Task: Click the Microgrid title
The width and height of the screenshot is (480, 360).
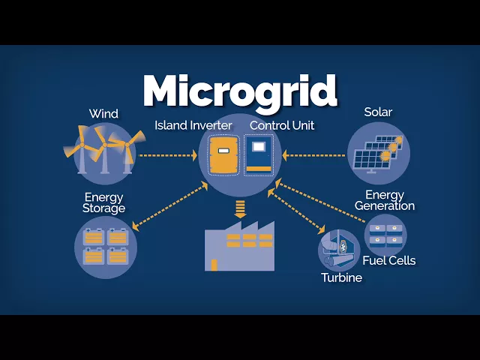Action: pos(240,90)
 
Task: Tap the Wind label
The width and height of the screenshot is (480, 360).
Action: pos(103,114)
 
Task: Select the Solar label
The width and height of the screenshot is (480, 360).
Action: pos(378,112)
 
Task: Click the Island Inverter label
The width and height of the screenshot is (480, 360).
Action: pos(194,124)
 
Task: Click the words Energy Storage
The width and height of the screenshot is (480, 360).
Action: pos(103,202)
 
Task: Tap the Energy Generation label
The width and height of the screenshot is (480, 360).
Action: pos(385,200)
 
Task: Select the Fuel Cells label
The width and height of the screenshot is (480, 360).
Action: pos(388,261)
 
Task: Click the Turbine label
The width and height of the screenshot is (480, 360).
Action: pos(341,278)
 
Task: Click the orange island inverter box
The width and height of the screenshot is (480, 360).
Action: pos(223,154)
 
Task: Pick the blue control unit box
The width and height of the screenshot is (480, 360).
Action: pos(259,155)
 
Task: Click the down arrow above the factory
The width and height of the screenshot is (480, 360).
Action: pos(240,208)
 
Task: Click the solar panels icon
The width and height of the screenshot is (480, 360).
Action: pos(379,153)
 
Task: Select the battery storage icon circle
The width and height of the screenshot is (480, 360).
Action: pos(106,247)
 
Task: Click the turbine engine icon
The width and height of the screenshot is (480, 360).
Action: pos(339,250)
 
